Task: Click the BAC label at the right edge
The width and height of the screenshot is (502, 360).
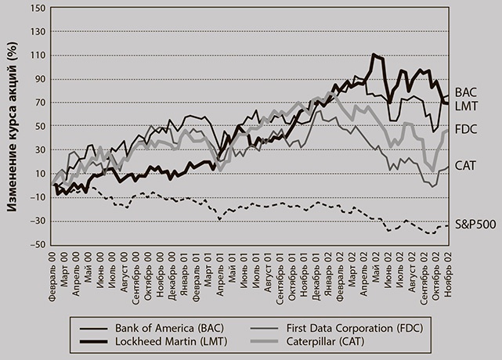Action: tap(466, 92)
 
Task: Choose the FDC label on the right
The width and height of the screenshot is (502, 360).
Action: tap(466, 128)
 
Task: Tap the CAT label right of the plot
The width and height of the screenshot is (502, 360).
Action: tap(466, 165)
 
